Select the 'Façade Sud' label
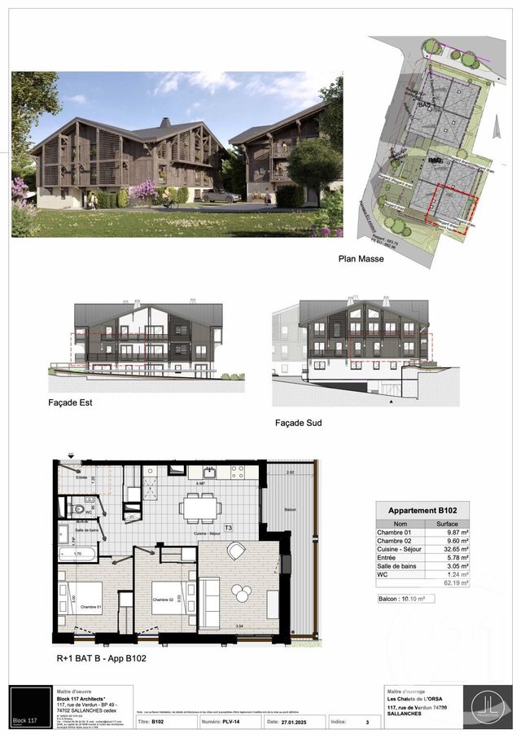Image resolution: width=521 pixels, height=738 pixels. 301,424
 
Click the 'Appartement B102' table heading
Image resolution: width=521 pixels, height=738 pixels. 422,511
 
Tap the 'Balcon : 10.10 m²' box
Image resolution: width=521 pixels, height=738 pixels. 405,599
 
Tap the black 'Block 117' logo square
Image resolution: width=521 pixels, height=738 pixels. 29,707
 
